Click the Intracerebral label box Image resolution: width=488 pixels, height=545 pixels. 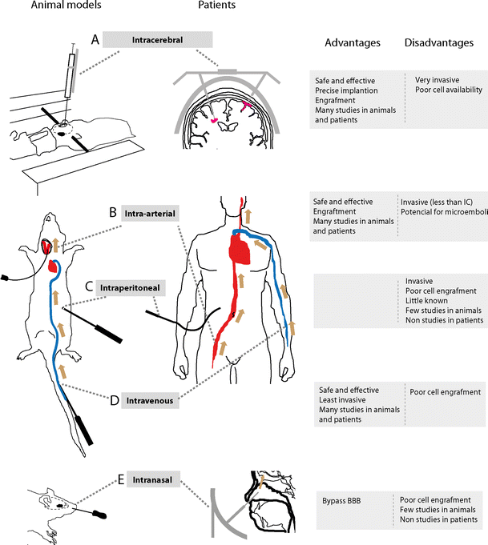pos(158,39)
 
